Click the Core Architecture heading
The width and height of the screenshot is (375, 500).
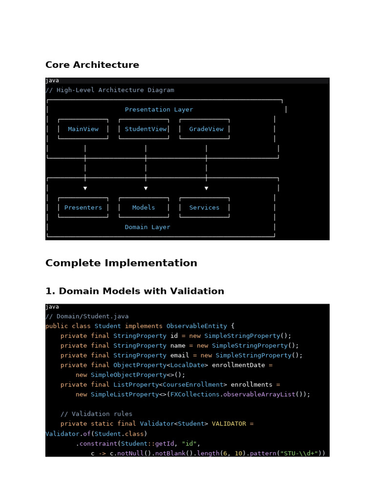click(x=92, y=65)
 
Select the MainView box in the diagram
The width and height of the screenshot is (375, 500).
click(x=83, y=129)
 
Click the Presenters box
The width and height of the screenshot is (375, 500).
click(x=83, y=208)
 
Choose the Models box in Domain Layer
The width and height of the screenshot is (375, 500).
click(x=144, y=208)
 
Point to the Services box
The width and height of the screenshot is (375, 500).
click(x=204, y=208)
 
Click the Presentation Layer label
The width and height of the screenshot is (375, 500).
click(x=159, y=110)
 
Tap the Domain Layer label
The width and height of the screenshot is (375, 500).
click(x=147, y=227)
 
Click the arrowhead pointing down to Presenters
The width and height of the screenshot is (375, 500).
click(x=85, y=188)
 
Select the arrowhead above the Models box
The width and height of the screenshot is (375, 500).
click(x=146, y=188)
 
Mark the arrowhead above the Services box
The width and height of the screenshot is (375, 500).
click(x=206, y=188)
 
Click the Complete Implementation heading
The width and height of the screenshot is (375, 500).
click(x=121, y=263)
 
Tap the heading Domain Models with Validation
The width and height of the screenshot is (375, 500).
click(x=135, y=292)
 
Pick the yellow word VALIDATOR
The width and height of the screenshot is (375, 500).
click(x=229, y=424)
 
